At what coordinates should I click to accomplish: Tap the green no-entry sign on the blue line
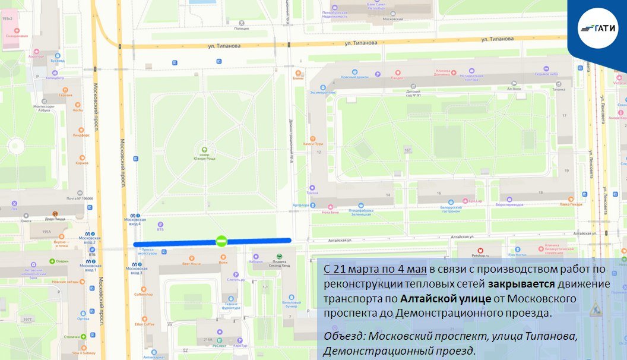point(221,241)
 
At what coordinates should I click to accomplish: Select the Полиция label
point(241,28)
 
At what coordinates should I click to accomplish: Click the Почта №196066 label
point(80,198)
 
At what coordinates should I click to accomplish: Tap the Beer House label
point(192,263)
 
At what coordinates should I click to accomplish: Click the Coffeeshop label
point(144,294)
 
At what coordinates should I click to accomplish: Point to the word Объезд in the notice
point(344,336)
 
